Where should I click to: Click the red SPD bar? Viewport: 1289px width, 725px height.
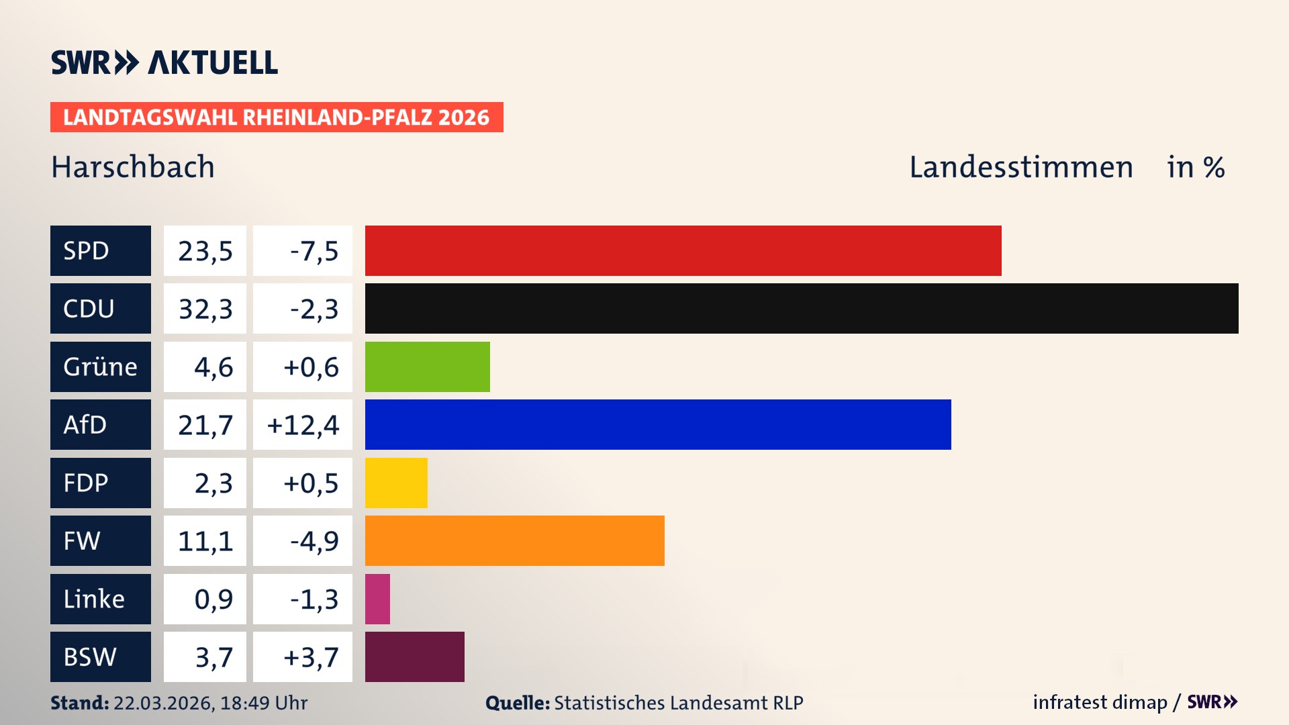click(683, 250)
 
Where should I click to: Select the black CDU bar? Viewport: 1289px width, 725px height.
click(802, 309)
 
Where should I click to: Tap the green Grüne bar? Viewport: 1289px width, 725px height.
click(427, 367)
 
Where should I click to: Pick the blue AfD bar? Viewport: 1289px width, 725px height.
click(658, 424)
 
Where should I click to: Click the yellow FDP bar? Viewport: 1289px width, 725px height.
click(396, 483)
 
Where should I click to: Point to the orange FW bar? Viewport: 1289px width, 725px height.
click(514, 540)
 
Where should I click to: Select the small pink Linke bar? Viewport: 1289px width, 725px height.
click(377, 599)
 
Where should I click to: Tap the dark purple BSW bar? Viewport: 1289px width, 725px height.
click(414, 657)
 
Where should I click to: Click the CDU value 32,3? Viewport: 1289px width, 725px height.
click(205, 309)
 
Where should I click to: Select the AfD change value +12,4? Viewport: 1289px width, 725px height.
click(303, 425)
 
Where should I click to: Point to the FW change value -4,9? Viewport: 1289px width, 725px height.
click(314, 541)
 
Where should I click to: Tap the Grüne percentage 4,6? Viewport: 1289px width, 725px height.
click(213, 367)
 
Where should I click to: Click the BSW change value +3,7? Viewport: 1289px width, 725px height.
click(311, 657)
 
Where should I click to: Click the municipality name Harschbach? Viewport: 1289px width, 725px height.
click(133, 167)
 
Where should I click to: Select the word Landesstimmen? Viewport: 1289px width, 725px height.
click(1020, 167)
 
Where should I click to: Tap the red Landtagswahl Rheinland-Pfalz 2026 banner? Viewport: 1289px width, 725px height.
click(277, 117)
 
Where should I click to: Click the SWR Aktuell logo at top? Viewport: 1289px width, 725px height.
click(164, 62)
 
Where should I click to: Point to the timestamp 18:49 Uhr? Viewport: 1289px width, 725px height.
click(263, 703)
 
